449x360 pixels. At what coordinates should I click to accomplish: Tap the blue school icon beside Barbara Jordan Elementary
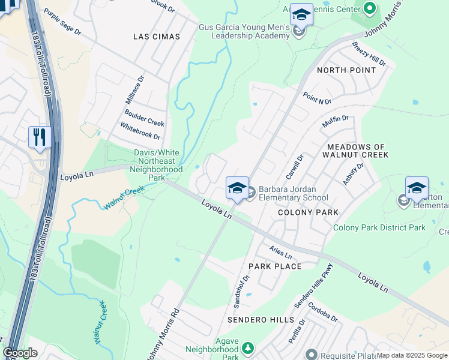coord(237,188)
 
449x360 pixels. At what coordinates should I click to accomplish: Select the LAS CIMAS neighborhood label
coord(156,37)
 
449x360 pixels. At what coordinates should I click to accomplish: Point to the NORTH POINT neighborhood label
coord(346,70)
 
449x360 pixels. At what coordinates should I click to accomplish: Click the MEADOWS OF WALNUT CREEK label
coord(358,151)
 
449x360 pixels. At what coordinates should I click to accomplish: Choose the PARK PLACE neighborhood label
coord(270,265)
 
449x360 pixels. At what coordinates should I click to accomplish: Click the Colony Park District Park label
coord(379,227)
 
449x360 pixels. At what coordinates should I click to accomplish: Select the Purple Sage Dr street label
coord(62,23)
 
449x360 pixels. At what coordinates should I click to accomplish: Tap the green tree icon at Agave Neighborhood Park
coord(247,348)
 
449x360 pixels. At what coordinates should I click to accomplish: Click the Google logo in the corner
coord(20,353)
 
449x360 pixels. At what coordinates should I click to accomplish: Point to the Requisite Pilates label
coord(346,355)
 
